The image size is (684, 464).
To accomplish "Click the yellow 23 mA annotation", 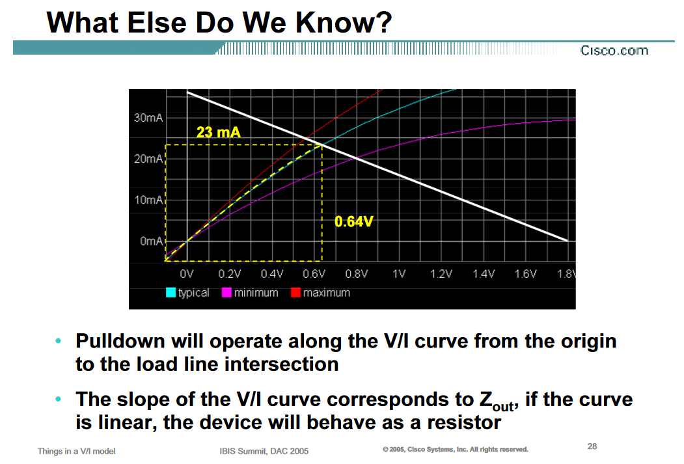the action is coord(218,131).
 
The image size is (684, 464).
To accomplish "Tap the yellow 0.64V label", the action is coord(354,221).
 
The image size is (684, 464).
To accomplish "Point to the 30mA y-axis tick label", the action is coord(148,118).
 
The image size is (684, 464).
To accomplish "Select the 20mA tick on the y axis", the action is coord(148,159).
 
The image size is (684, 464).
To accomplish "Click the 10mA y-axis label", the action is coord(148,200).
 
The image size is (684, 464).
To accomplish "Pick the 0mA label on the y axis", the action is coord(151,241).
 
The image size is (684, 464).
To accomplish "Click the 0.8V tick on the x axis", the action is coord(357,274).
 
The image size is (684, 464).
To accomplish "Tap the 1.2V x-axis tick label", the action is coord(441,274).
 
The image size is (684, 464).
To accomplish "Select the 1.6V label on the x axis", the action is coord(526,274).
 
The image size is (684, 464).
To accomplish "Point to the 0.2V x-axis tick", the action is coord(230,274).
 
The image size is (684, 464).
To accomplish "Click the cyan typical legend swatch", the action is coord(171,293).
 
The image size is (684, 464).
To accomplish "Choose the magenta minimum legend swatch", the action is coord(226,293).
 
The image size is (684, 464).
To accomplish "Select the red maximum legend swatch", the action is coord(295,293).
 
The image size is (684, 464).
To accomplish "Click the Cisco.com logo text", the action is coord(614,51).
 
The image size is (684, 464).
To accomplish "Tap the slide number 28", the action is coord(592,446).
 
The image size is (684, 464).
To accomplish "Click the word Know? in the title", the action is coord(344,23).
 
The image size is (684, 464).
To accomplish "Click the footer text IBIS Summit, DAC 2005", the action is coord(264,451).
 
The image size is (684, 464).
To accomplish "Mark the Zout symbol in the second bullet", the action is coord(498,400).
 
